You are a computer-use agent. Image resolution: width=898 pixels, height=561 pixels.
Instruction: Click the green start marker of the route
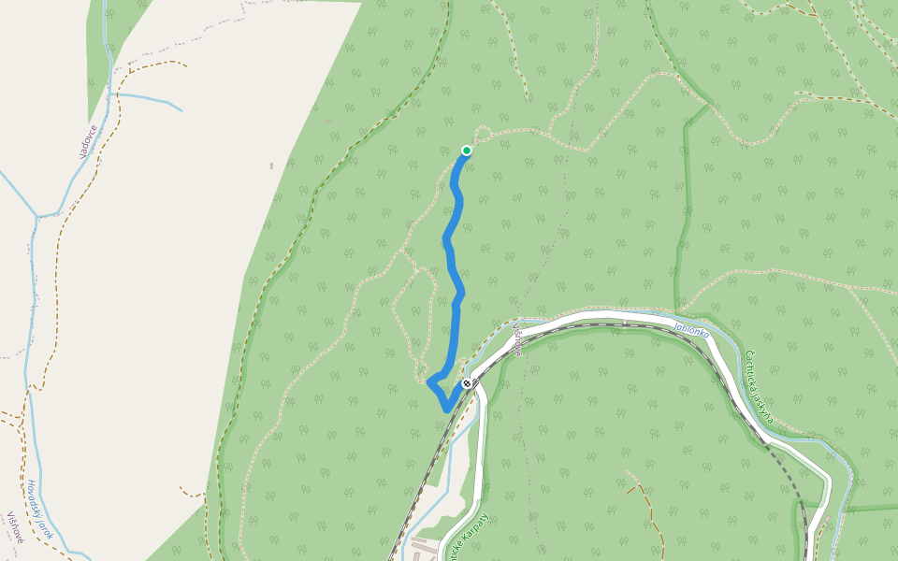click(x=466, y=151)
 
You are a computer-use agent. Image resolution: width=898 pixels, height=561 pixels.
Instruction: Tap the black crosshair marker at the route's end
click(x=467, y=383)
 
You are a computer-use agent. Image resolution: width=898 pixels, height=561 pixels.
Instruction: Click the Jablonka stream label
click(x=691, y=330)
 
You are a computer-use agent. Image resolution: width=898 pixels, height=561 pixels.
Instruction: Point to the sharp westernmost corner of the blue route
click(x=429, y=381)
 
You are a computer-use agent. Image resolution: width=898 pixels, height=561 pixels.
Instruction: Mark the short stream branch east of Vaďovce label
click(x=150, y=99)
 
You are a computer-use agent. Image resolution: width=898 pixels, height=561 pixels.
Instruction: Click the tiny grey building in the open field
click(x=271, y=166)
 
